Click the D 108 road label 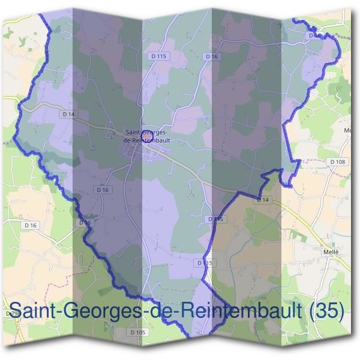tap(338, 162)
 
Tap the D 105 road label tap(137, 332)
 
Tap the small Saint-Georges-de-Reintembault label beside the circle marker tap(146, 136)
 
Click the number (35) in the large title tap(325, 311)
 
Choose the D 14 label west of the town tap(68, 113)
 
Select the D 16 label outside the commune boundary tap(30, 225)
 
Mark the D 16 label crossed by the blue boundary tap(85, 223)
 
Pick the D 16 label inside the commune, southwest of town tap(103, 190)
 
